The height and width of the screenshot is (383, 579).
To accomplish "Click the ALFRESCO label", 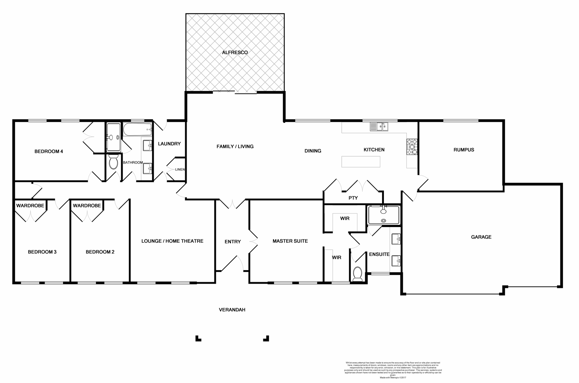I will (x=235, y=52).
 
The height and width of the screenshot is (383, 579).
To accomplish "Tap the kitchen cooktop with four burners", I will (x=412, y=147).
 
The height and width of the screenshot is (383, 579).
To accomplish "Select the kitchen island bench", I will (x=361, y=162).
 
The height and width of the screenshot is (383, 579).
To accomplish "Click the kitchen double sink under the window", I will (x=379, y=126).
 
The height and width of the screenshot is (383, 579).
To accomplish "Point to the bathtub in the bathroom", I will (x=137, y=129).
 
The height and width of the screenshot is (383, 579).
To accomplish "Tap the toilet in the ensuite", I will (x=358, y=274).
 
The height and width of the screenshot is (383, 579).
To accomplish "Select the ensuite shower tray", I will (x=384, y=215).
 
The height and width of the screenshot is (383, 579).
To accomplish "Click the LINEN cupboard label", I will (x=180, y=170).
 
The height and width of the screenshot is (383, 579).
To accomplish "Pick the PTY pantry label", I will (x=353, y=198).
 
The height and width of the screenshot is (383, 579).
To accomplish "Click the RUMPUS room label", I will (x=464, y=150).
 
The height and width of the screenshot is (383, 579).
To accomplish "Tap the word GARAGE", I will (x=481, y=237).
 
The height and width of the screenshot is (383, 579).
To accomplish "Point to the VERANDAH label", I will (x=232, y=310).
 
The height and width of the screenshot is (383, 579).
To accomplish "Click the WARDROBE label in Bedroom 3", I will (x=30, y=206).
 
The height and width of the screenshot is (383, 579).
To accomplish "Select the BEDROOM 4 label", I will (x=49, y=151).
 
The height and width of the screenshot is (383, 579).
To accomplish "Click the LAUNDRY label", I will (x=169, y=144).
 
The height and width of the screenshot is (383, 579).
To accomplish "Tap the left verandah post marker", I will (x=198, y=339).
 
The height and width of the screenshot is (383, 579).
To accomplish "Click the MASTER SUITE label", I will (x=290, y=241).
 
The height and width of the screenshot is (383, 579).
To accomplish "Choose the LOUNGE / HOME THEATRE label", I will (x=172, y=241).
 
